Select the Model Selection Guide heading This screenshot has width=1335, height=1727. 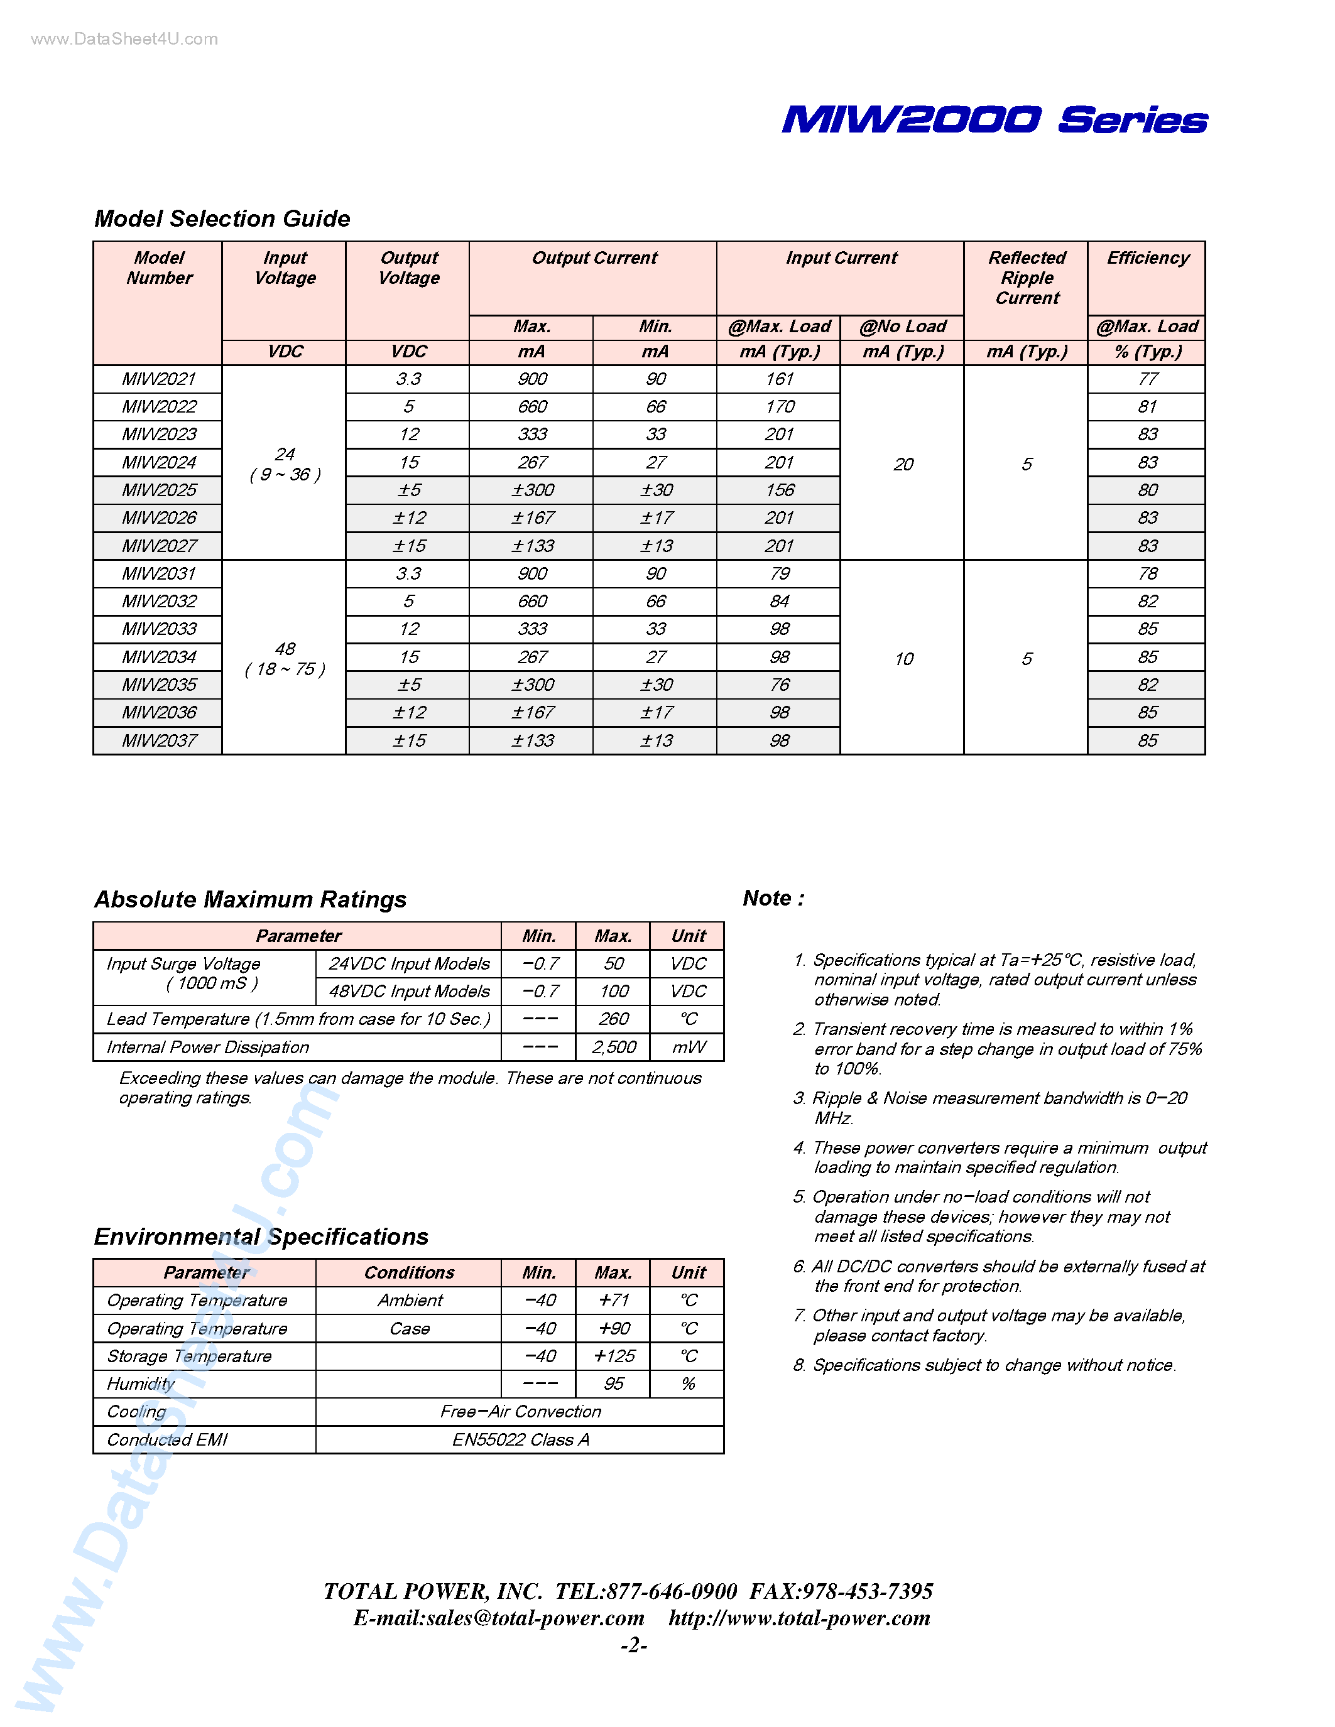pos(222,219)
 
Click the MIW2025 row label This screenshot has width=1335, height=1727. pos(159,490)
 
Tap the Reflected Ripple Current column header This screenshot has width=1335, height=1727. pos(1027,278)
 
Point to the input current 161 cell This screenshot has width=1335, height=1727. pos(779,379)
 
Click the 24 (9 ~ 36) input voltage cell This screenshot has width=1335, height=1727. pos(285,464)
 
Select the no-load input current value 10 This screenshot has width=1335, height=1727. pos(903,659)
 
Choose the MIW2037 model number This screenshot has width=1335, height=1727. pos(159,741)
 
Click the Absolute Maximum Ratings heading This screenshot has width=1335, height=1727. pos(250,900)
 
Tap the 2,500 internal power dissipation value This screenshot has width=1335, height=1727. pos(614,1048)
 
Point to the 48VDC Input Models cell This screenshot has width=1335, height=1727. pos(409,992)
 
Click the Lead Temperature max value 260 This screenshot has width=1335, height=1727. pos(614,1019)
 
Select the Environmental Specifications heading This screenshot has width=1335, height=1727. pos(261,1237)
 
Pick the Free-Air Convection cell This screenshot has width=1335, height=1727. pos(520,1412)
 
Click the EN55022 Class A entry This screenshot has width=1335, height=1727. pos(520,1440)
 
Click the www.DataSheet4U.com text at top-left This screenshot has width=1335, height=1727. pos(124,40)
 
